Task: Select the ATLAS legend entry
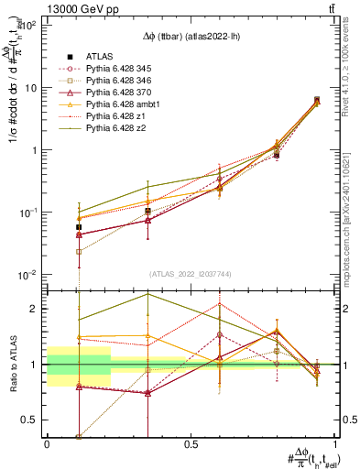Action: (100, 56)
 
